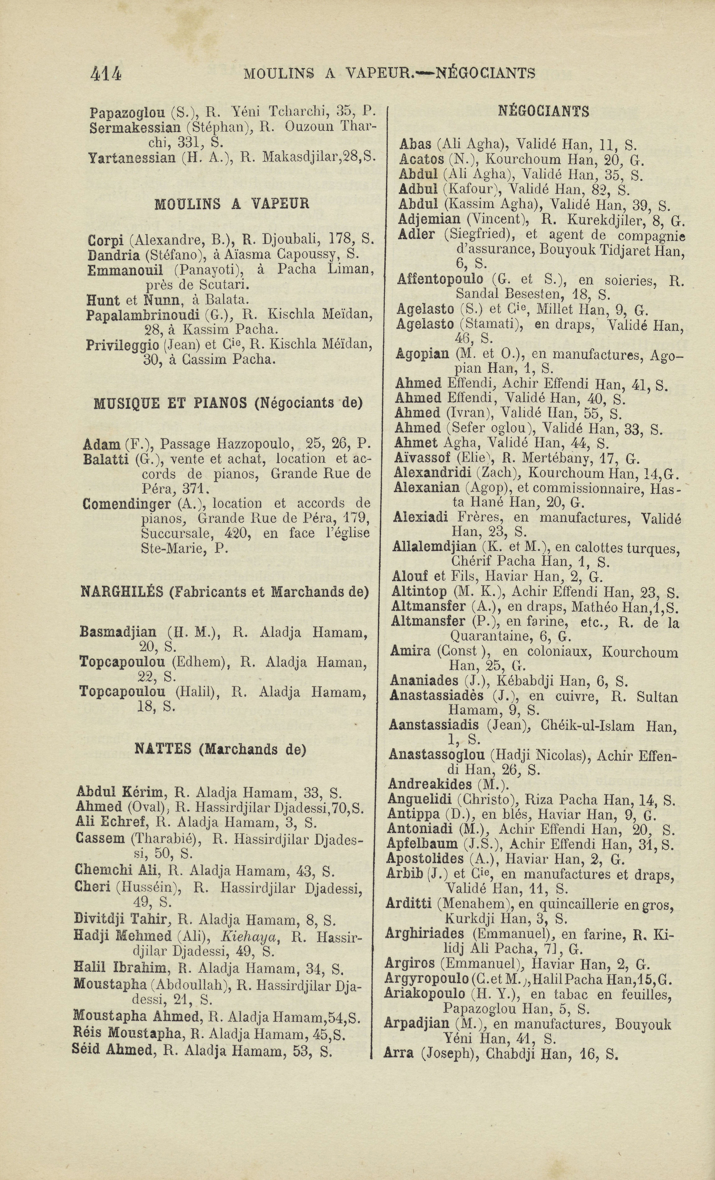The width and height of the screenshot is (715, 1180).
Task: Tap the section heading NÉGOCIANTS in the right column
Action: tap(543, 112)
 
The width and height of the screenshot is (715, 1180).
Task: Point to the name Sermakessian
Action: tap(135, 128)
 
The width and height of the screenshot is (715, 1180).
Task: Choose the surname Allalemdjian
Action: tap(434, 547)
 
